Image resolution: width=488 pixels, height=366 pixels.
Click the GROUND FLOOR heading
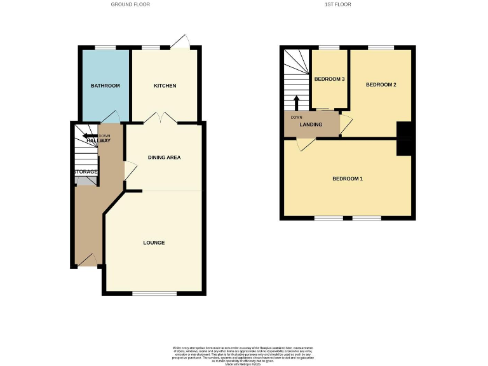pos(130,4)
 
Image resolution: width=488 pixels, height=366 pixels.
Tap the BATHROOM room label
pos(105,86)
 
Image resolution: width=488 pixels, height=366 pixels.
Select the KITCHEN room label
pos(165,86)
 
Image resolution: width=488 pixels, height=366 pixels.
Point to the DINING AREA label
pos(165,157)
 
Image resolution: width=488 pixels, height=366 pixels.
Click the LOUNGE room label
pos(154,243)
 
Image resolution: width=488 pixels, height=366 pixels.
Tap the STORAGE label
pos(85,172)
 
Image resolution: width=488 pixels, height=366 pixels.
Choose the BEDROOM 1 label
pos(348,179)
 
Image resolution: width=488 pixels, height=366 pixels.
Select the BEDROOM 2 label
pos(381,85)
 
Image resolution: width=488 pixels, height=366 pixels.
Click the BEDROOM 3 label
pos(329,79)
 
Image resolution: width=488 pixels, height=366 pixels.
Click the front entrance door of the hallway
pos(86,261)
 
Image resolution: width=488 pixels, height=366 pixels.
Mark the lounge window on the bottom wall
pos(154,293)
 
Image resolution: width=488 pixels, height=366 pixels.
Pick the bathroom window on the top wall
pos(105,48)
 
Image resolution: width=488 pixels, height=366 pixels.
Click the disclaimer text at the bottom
pos(244,354)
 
